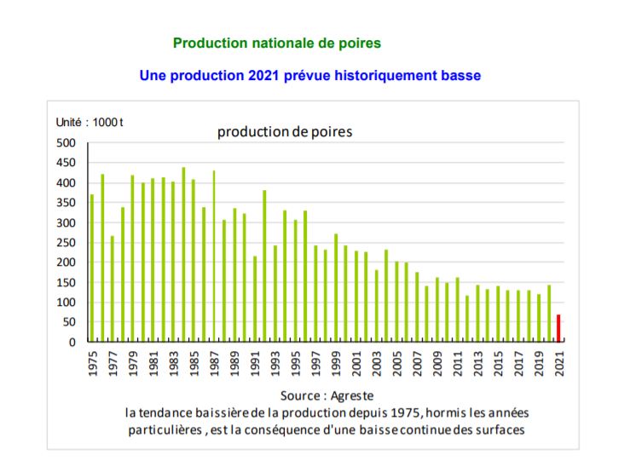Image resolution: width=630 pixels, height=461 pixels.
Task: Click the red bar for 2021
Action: click(558, 328)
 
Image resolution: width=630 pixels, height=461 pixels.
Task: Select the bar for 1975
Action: click(92, 268)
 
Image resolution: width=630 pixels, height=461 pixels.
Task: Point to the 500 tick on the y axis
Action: click(65, 143)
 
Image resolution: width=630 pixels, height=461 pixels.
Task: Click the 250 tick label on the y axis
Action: click(65, 243)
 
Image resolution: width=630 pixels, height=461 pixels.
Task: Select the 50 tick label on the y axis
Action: click(68, 322)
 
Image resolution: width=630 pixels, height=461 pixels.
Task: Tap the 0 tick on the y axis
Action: click(72, 343)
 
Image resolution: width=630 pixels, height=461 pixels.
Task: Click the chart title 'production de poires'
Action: click(284, 132)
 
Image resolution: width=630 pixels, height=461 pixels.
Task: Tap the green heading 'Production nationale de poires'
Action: click(276, 42)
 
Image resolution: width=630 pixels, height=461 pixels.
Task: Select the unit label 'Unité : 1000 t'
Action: click(90, 122)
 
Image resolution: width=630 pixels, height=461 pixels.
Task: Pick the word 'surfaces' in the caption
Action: click(499, 429)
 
